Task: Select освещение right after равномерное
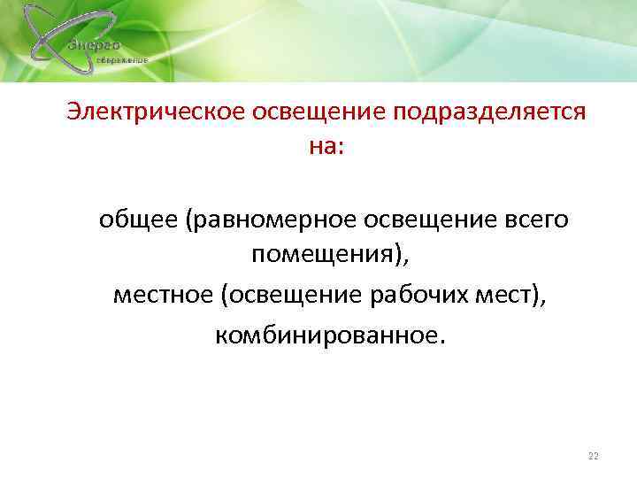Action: pos(425,219)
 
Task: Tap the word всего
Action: pos(537,219)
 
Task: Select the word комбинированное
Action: pos(323,334)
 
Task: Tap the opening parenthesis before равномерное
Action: pos(188,220)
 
